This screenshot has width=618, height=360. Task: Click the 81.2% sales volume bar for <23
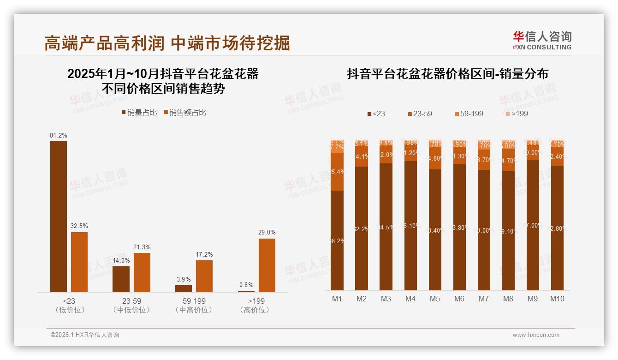pyautogui.click(x=59, y=216)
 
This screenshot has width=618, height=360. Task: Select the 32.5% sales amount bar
pyautogui.click(x=79, y=262)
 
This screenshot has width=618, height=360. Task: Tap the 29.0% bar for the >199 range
pyautogui.click(x=267, y=265)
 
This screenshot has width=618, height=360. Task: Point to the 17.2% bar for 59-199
pyautogui.click(x=204, y=276)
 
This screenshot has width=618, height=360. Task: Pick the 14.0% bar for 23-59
pyautogui.click(x=121, y=279)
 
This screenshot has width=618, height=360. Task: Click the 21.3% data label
pyautogui.click(x=142, y=247)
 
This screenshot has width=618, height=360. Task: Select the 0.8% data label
pyautogui.click(x=246, y=285)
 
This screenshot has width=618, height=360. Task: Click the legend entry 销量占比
pyautogui.click(x=139, y=113)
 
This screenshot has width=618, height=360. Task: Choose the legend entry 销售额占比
pyautogui.click(x=185, y=113)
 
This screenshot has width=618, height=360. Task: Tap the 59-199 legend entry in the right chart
pyautogui.click(x=469, y=114)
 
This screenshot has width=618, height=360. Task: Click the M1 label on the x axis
pyautogui.click(x=337, y=299)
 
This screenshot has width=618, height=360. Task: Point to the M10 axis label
pyautogui.click(x=557, y=299)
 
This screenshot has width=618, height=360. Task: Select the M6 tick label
pyautogui.click(x=459, y=299)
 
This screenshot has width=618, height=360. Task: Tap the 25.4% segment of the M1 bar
pyautogui.click(x=337, y=172)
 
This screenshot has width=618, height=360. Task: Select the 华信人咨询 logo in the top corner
pyautogui.click(x=542, y=40)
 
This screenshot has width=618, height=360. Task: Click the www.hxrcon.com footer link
pyautogui.click(x=536, y=335)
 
